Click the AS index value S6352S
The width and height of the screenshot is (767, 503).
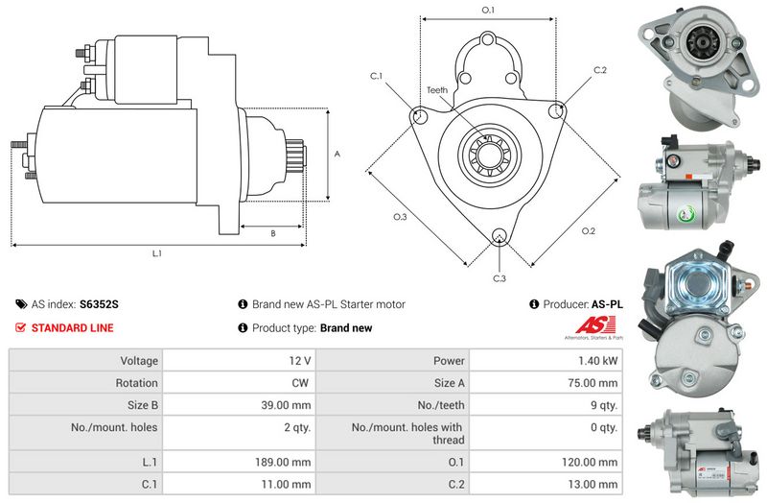[x=99, y=304]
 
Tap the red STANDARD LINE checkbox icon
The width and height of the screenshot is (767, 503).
[x=20, y=327]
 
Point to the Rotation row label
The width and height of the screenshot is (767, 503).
[x=136, y=383]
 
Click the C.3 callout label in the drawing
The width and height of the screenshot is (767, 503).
[x=499, y=278]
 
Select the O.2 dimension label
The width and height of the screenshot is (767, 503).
[x=589, y=230]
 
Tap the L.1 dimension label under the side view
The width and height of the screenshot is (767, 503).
[x=156, y=253]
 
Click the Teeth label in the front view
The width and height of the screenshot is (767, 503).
[x=437, y=90]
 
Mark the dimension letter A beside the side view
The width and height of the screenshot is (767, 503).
[x=337, y=155]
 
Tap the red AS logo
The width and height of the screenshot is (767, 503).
[x=594, y=325]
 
